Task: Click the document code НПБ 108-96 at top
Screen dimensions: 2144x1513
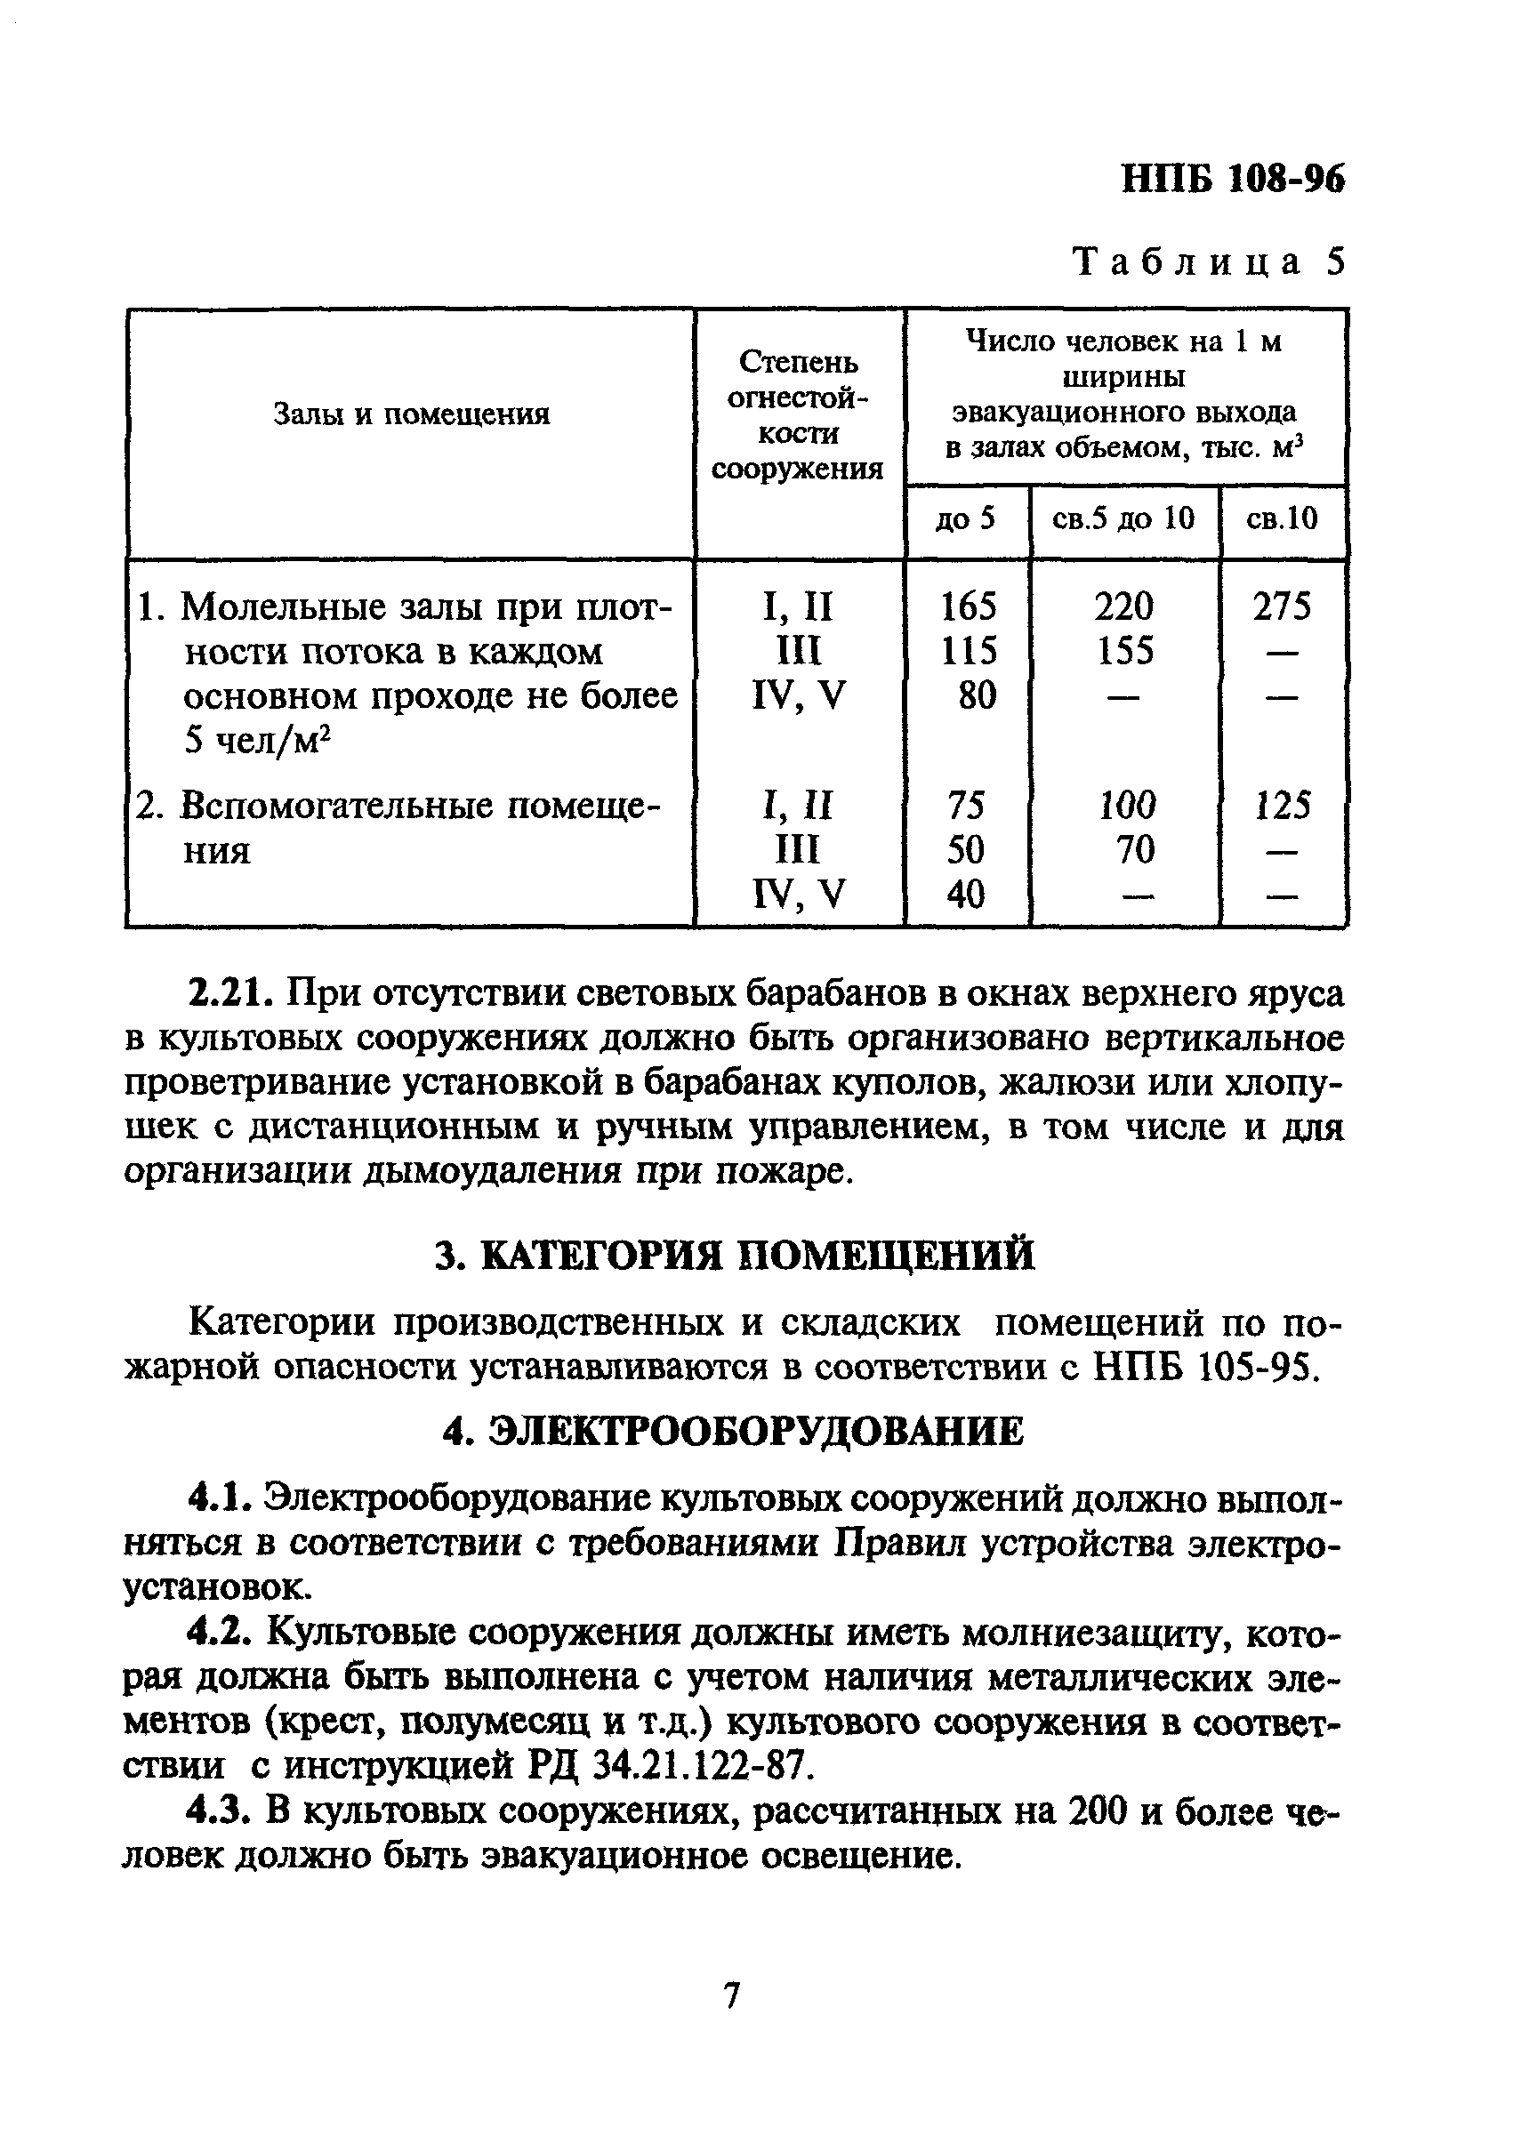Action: (x=1232, y=178)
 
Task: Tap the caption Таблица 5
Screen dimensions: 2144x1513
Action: (x=1210, y=262)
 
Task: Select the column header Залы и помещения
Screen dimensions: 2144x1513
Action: (x=411, y=414)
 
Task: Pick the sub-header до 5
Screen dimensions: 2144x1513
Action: (x=966, y=518)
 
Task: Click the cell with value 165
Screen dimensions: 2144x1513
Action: (x=968, y=607)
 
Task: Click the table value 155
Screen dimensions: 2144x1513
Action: (x=1124, y=651)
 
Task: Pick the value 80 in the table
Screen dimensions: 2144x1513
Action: (x=976, y=695)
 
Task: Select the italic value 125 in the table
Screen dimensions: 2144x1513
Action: (x=1283, y=806)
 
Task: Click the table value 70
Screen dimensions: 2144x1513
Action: (x=1133, y=850)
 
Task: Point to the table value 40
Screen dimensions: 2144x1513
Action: (x=966, y=895)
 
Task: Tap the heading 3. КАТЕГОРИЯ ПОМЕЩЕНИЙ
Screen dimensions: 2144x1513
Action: (x=735, y=1255)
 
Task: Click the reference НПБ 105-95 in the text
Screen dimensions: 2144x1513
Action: (x=1204, y=1369)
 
